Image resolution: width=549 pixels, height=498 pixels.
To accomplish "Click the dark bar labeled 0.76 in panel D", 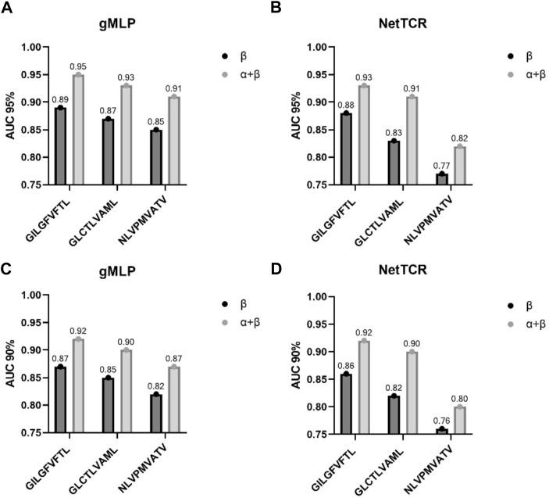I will click(442, 430).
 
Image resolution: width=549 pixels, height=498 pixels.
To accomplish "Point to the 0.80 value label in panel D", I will click(461, 398).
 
